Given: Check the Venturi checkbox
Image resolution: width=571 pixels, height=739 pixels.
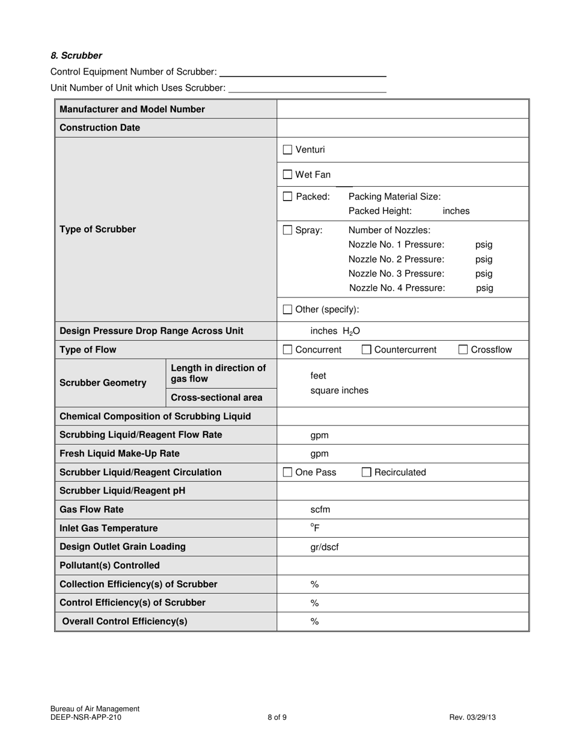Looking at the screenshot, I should [287, 150].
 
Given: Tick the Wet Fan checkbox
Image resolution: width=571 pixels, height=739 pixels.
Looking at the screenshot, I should [287, 175].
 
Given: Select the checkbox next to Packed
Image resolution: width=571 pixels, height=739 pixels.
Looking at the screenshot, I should [287, 196].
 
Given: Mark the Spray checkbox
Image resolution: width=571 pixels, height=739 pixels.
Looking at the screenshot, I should [287, 230].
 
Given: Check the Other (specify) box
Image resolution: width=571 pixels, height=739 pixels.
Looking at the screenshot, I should [287, 309].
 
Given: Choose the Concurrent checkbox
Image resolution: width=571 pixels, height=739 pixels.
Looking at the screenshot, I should [287, 350].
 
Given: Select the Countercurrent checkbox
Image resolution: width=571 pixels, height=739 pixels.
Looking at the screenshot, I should [367, 350].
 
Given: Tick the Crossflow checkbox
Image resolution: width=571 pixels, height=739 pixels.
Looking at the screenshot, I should [463, 350].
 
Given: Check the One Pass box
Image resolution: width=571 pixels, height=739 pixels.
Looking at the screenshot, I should [287, 472].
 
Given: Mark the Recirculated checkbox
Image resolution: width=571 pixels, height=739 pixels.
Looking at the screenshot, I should [367, 472].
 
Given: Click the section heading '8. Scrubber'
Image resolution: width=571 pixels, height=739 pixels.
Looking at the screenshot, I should [76, 56].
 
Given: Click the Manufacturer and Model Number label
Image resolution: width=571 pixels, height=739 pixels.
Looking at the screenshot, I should [132, 109].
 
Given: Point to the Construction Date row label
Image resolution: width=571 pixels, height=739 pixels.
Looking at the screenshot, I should [100, 128].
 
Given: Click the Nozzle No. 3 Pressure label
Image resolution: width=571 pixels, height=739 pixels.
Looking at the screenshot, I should [396, 273].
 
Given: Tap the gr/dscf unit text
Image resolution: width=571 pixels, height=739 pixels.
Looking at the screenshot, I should [325, 547].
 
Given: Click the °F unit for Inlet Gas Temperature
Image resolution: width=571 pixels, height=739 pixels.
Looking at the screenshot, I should [315, 528].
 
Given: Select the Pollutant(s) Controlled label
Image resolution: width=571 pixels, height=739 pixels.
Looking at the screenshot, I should [109, 565].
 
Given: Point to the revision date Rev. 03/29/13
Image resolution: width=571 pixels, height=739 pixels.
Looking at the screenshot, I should [472, 717].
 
